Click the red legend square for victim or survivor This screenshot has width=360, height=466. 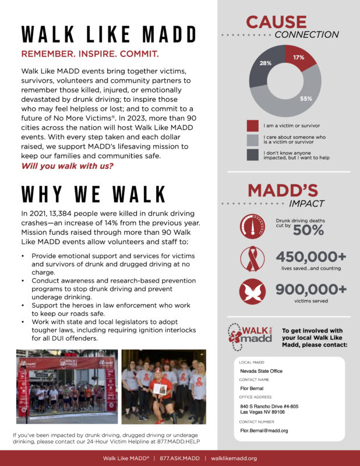tap(252, 126)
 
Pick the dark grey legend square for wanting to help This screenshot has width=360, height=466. tap(252, 154)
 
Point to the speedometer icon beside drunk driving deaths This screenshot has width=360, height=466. tap(252, 226)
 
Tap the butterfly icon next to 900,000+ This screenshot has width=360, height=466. tap(252, 292)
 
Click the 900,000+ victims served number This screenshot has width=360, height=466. tap(311, 290)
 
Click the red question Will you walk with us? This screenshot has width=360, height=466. tap(67, 166)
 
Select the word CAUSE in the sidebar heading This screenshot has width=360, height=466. tap(276, 22)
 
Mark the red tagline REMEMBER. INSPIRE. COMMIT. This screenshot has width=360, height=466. tap(90, 54)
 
